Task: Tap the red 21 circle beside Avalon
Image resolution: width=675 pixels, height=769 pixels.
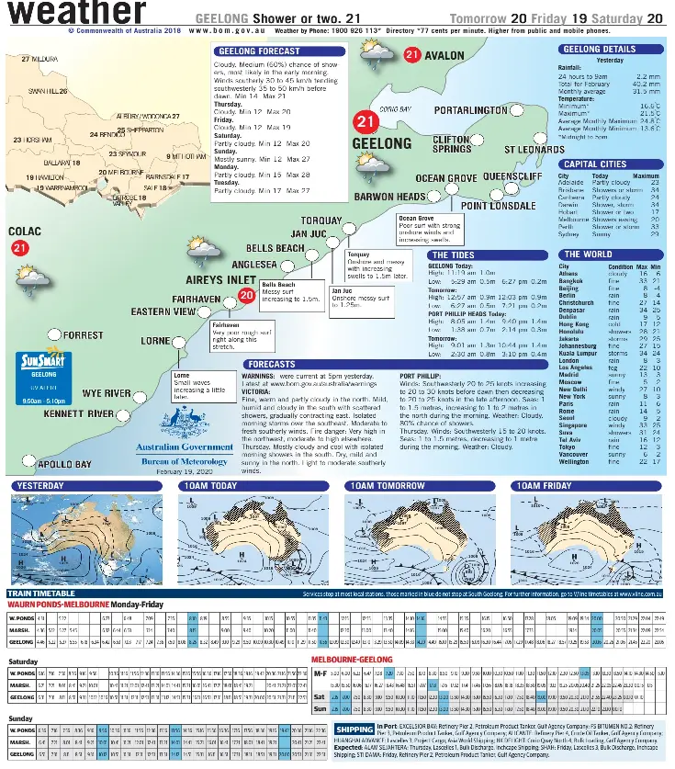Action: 412,56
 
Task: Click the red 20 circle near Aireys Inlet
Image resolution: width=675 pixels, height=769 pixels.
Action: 245,295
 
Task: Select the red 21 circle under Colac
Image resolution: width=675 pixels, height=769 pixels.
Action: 20,247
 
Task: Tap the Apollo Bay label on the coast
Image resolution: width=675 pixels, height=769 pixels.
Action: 64,465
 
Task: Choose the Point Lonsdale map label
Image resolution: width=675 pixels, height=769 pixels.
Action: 504,206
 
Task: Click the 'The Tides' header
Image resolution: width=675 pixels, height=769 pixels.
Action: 454,254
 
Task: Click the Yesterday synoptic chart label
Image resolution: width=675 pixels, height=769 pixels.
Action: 41,485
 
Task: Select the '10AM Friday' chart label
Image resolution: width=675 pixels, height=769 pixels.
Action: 543,485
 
